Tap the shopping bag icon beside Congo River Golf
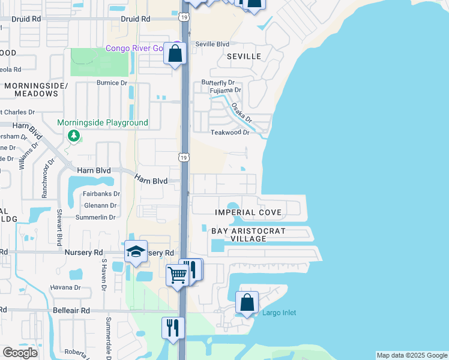(x=175, y=53)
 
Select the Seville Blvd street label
(x=215, y=44)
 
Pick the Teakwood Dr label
(x=229, y=132)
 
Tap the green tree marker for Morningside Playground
(x=74, y=136)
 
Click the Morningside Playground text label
(x=103, y=123)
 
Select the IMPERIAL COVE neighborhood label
(x=248, y=212)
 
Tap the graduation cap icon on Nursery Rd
(x=136, y=252)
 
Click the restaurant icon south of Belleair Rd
(x=173, y=328)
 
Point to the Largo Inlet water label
(x=279, y=313)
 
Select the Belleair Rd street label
(x=73, y=311)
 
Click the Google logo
(x=20, y=353)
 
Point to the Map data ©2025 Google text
(x=412, y=355)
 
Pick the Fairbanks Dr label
(x=101, y=194)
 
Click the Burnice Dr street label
(x=112, y=83)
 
